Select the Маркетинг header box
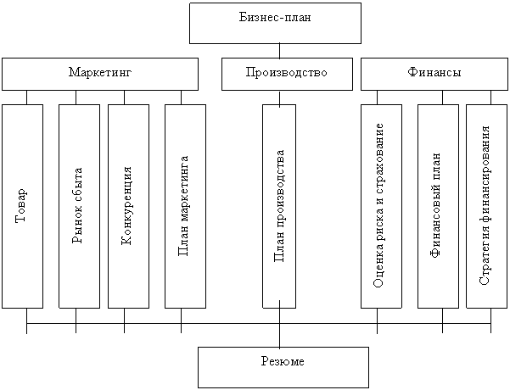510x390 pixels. click(100, 74)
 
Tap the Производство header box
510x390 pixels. click(286, 74)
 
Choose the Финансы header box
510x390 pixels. click(434, 74)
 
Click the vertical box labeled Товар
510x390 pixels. click(22, 206)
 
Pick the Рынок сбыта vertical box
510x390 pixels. click(79, 206)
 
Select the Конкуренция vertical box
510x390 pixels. click(128, 206)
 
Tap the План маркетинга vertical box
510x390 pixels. click(185, 206)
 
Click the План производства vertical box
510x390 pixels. click(279, 206)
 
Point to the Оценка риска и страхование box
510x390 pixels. click(382, 206)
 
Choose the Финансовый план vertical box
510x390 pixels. click(438, 206)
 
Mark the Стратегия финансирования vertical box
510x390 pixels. click(485, 206)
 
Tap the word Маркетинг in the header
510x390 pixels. click(100, 74)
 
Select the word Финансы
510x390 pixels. click(434, 74)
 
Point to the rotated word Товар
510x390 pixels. click(22, 206)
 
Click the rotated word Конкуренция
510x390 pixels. click(127, 207)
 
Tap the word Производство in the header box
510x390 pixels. click(286, 74)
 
